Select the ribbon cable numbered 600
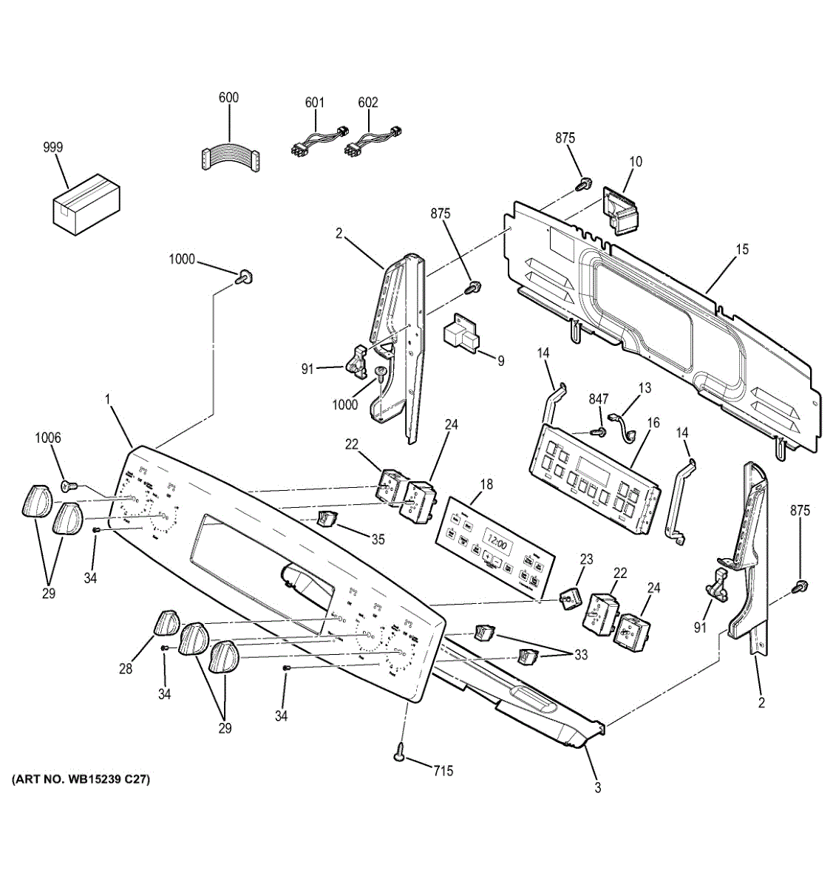(x=229, y=157)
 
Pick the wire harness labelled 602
(x=373, y=141)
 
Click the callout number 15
(x=741, y=249)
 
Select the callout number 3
(x=597, y=788)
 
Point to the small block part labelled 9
(x=460, y=337)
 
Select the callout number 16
(x=653, y=422)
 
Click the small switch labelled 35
(x=326, y=518)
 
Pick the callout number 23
(x=586, y=560)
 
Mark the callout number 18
(x=486, y=485)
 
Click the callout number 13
(x=645, y=387)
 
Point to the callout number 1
(x=108, y=399)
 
